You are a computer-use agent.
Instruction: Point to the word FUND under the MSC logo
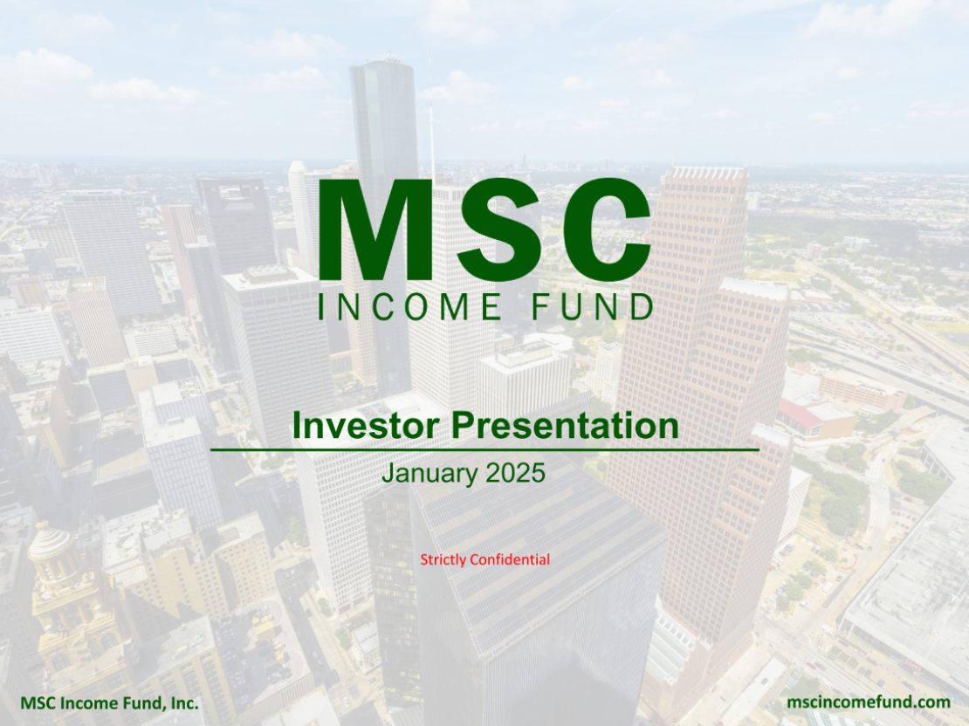click(593, 307)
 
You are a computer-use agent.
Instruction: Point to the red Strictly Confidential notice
click(484, 559)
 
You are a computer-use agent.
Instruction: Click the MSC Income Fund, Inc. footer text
click(109, 702)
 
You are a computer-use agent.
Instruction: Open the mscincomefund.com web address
click(868, 702)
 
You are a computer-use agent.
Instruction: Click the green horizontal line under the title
click(484, 449)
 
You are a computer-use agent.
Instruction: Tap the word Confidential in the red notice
click(510, 559)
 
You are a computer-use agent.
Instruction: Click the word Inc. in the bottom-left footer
click(185, 702)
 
